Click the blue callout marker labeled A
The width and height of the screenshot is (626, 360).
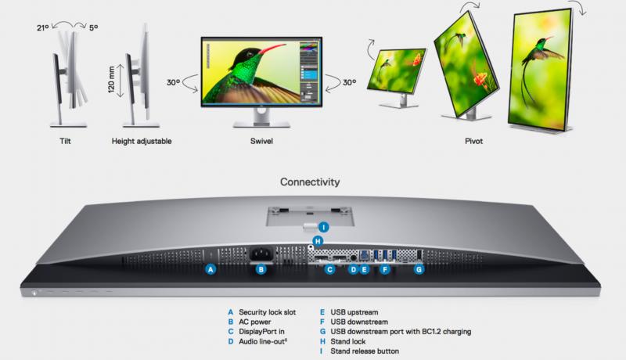[210, 269]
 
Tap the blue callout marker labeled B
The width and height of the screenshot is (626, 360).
[261, 269]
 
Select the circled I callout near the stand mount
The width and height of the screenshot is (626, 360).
[323, 227]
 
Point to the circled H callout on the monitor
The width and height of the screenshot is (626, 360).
[318, 241]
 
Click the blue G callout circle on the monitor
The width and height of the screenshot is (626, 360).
[419, 269]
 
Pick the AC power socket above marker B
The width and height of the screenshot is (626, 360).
[261, 254]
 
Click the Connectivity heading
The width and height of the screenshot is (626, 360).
[310, 182]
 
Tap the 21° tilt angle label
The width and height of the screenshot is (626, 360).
[43, 27]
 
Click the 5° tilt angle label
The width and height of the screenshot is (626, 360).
[93, 27]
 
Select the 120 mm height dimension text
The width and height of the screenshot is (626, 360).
[111, 79]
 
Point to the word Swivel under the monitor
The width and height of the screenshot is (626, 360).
[261, 141]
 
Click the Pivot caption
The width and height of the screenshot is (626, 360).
[474, 141]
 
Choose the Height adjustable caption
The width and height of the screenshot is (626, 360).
[142, 141]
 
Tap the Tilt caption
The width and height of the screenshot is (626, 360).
[65, 141]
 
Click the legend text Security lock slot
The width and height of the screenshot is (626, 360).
[268, 312]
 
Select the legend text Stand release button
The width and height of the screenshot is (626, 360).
[365, 351]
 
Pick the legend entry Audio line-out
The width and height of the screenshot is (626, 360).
[263, 342]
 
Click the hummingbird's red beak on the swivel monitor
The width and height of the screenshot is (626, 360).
[272, 49]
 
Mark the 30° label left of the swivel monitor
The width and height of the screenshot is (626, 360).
[173, 82]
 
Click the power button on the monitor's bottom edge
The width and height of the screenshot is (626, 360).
[34, 293]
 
